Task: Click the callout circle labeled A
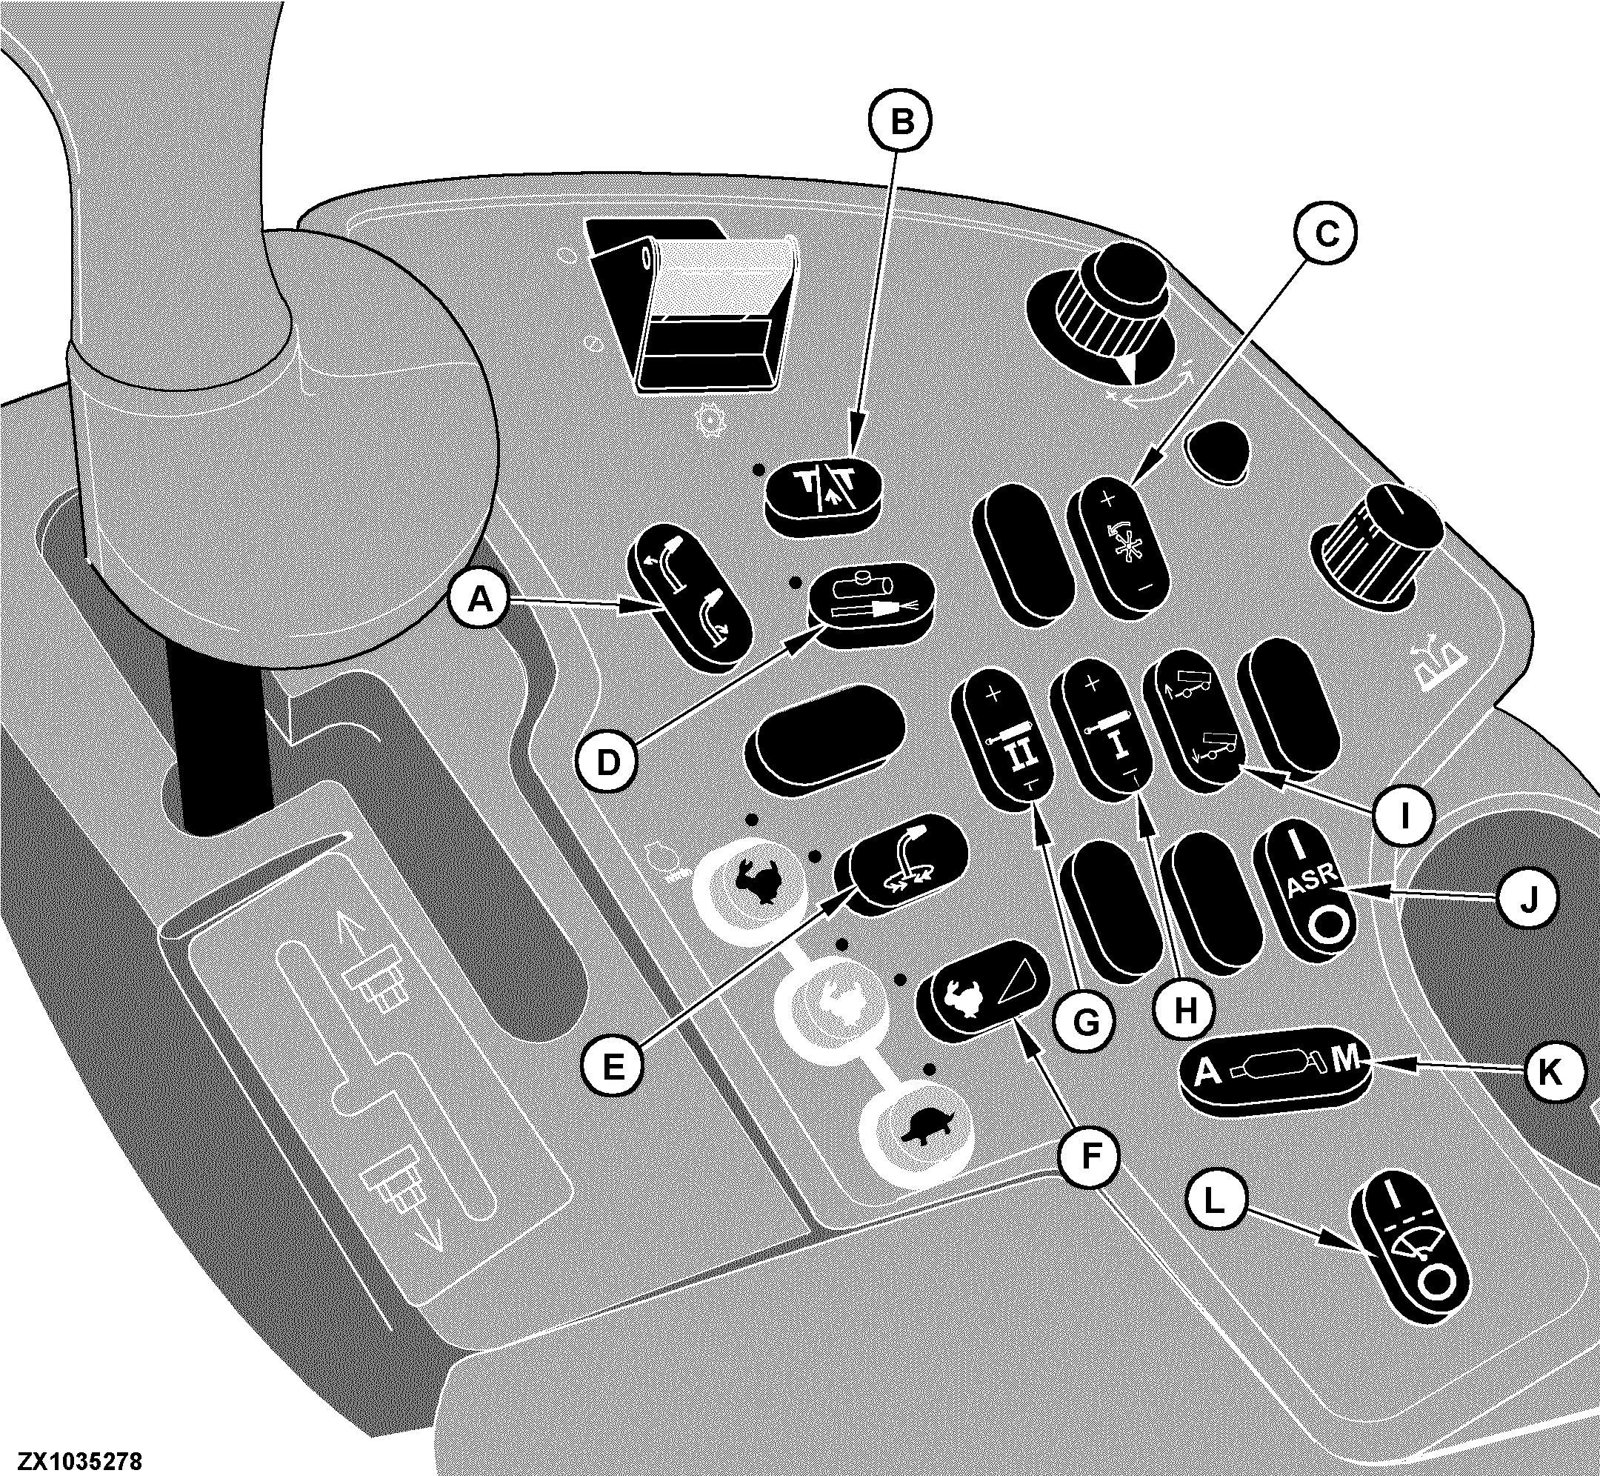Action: (481, 597)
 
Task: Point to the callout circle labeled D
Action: (607, 762)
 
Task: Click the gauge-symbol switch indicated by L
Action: (1410, 1258)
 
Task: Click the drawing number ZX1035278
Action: (73, 1462)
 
